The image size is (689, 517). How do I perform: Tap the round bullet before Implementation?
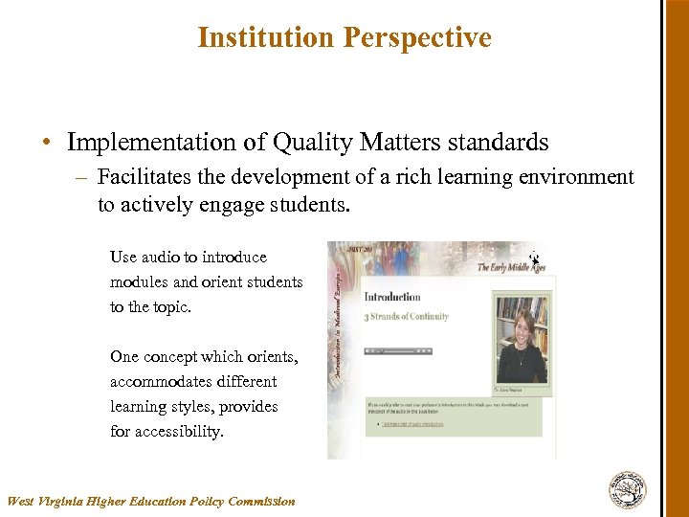click(46, 144)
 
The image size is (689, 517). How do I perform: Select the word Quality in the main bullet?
click(314, 143)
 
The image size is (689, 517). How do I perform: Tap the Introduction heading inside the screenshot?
click(392, 297)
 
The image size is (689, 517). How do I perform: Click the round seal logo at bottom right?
click(628, 489)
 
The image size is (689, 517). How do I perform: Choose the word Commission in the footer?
click(261, 501)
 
